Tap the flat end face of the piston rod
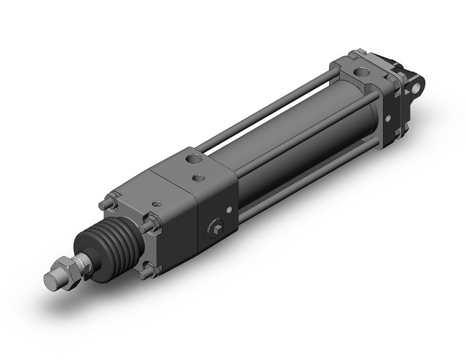point(51,283)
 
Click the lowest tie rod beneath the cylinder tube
point(307,184)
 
